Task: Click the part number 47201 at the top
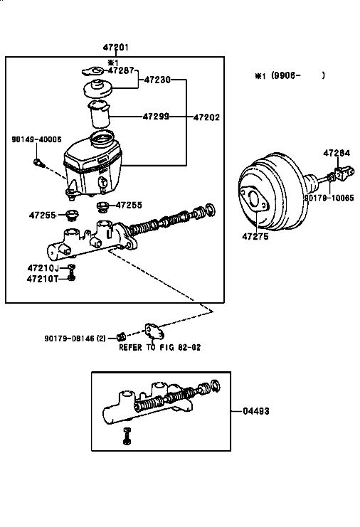tap(116, 48)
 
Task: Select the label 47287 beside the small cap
tap(121, 70)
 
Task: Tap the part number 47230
tap(157, 80)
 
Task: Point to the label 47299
tap(156, 117)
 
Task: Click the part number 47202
tap(206, 117)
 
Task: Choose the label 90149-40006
tap(36, 139)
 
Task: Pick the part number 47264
tap(337, 153)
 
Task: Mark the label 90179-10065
tap(329, 198)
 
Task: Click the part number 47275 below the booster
tap(255, 237)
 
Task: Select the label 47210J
tap(43, 268)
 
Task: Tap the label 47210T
tap(43, 279)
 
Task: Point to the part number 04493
tap(256, 411)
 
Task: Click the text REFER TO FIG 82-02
tap(160, 347)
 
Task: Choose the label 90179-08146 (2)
tap(75, 339)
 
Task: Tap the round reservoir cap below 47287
tap(97, 87)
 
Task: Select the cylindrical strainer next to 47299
tap(99, 114)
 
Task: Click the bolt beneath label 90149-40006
tap(38, 163)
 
